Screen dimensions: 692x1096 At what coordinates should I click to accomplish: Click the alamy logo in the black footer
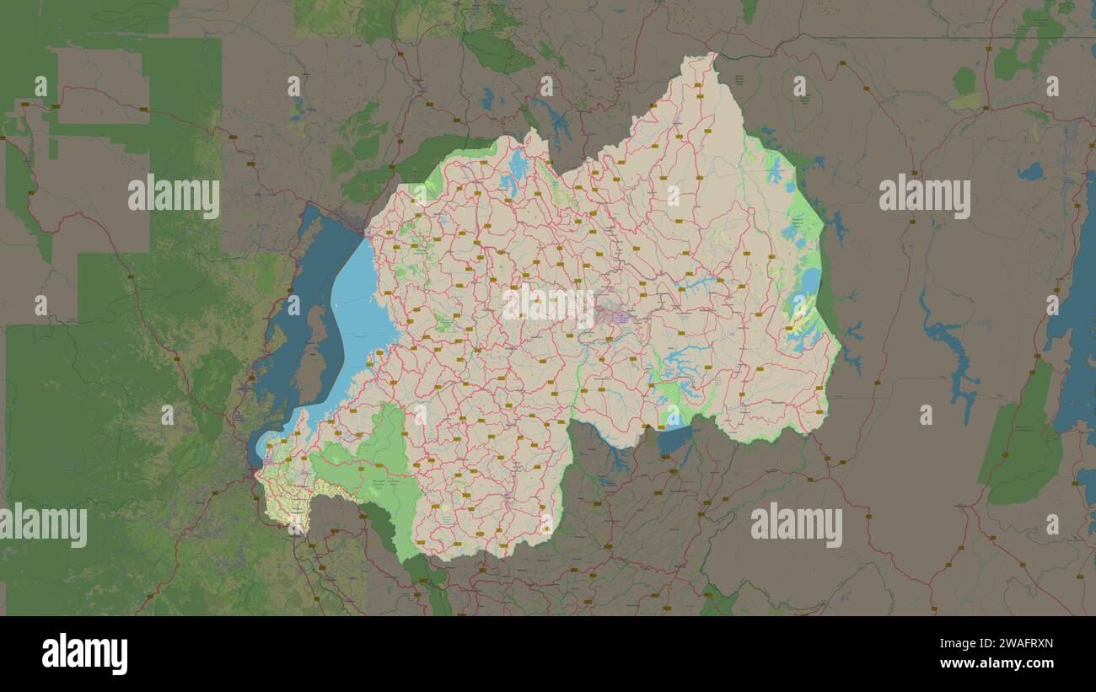click(84, 654)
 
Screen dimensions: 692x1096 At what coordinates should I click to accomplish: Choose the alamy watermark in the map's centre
click(548, 305)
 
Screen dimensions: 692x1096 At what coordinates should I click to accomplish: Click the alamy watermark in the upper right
click(924, 196)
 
